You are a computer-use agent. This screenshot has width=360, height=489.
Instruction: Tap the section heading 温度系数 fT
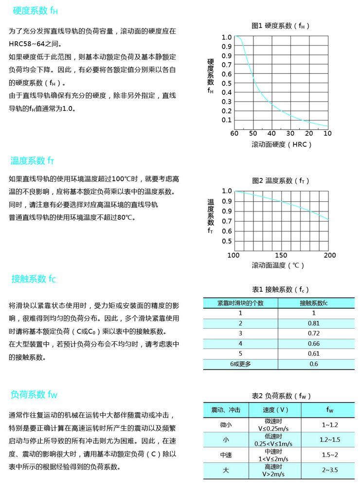point(32,160)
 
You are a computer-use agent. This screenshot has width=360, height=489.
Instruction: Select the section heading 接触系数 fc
point(34,279)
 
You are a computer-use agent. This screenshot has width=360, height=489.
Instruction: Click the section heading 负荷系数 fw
point(34,394)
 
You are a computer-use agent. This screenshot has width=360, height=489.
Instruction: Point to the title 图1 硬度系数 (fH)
point(280,25)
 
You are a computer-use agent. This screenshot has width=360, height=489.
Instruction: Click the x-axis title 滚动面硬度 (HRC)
point(281,144)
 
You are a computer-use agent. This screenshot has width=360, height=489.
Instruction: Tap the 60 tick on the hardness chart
point(234,134)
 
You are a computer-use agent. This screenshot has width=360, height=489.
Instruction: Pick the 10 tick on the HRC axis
point(327,134)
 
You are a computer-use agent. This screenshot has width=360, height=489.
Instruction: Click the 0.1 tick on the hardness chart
point(227,120)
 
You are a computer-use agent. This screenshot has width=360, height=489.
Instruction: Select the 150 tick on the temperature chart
point(281,255)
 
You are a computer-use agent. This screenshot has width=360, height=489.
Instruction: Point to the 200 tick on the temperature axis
point(329,255)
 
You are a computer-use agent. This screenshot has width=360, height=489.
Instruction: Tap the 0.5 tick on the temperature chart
point(227,241)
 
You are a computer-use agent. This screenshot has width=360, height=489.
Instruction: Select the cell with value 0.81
point(313,323)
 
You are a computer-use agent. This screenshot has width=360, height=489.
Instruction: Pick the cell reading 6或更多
point(240,364)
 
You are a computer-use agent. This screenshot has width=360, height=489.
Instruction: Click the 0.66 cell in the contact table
point(313,344)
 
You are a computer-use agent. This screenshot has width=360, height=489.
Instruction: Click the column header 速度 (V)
point(275,410)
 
